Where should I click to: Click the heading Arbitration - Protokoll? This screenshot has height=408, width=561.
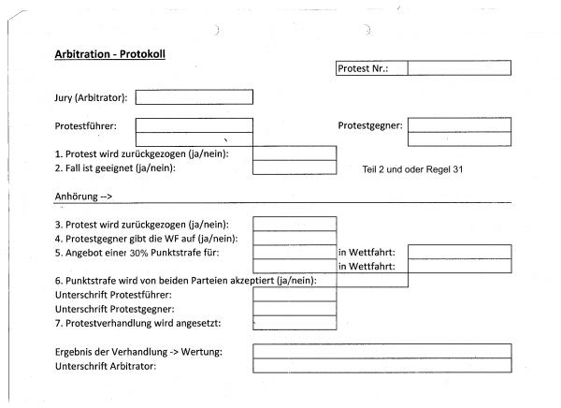click(x=109, y=54)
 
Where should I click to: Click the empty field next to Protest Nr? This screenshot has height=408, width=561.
click(x=459, y=68)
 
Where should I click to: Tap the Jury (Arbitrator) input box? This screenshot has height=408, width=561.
click(x=194, y=97)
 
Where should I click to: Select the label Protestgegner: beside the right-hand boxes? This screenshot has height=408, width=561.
click(x=370, y=125)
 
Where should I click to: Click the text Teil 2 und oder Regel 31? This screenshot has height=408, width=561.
click(x=412, y=169)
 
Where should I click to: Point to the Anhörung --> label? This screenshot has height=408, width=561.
click(x=83, y=197)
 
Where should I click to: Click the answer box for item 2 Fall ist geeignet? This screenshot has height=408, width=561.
click(x=295, y=168)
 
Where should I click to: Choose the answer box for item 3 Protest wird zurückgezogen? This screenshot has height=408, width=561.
click(x=295, y=224)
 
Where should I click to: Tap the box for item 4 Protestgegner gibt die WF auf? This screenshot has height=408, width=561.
click(x=295, y=238)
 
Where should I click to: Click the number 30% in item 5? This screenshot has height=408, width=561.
click(x=138, y=253)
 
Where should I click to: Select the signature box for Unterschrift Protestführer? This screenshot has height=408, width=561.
click(x=295, y=295)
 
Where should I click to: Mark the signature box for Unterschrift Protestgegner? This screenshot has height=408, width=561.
click(x=295, y=309)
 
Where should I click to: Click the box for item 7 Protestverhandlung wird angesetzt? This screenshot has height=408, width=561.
click(x=295, y=323)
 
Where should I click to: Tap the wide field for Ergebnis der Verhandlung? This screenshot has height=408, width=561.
click(x=382, y=351)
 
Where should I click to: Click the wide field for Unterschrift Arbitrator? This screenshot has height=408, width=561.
click(x=382, y=365)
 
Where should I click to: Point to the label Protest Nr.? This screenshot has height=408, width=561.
click(x=363, y=68)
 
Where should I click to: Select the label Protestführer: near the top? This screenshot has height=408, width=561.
click(x=85, y=126)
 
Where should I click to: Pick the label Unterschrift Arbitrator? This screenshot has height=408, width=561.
click(x=106, y=366)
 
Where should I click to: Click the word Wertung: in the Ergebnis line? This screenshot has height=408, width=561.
click(x=201, y=352)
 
